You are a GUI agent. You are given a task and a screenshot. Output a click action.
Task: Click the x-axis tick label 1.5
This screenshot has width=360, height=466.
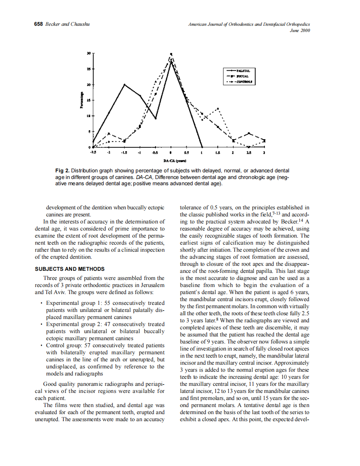[x=217, y=153]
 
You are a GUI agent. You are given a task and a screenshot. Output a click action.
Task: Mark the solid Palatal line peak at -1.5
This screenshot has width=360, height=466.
[x=124, y=84]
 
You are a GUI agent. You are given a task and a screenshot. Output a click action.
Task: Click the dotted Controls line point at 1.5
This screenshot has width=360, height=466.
[x=217, y=109]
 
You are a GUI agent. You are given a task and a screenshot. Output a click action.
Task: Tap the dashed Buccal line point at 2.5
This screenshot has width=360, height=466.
[x=249, y=133]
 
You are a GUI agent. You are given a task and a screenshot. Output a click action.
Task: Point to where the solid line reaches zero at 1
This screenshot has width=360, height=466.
[x=202, y=147]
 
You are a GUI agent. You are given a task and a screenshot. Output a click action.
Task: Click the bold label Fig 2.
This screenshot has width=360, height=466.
[x=62, y=171]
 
